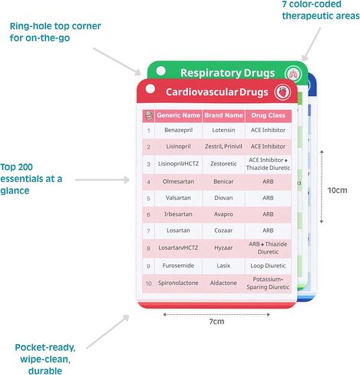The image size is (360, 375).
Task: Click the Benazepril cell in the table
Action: coord(178,130)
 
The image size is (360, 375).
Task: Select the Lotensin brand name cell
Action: coord(223,130)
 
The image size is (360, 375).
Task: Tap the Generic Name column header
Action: coord(178,115)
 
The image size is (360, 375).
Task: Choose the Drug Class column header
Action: coord(268,115)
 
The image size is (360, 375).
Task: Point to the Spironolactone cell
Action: coord(178,283)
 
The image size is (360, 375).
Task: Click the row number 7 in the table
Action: coord(148,231)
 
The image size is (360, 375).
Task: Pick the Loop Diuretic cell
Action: coord(268,266)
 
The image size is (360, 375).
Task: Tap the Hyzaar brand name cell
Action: coord(223,248)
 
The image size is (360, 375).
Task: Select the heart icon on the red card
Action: coord(282,92)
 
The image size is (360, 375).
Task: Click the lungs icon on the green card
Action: coord(293,75)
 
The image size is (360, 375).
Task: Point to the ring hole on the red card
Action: coord(150,89)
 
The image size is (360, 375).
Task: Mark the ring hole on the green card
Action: coord(161,71)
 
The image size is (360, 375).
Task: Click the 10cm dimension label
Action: coord(337,191)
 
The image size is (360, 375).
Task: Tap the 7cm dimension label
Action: coord(216,321)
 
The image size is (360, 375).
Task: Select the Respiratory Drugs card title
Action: coord(228,73)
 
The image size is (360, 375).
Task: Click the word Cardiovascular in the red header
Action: coord(202,92)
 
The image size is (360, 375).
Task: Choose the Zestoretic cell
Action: coord(223,164)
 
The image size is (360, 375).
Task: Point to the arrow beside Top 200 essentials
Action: coord(102,180)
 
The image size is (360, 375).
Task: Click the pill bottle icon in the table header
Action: coord(148,115)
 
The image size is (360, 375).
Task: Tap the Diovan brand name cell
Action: coord(223,197)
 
